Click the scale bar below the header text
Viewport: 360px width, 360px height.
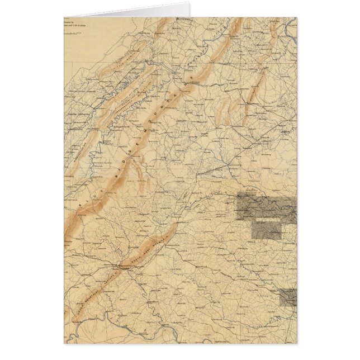[x=70, y=34]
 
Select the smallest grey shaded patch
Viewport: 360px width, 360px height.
[x=288, y=297]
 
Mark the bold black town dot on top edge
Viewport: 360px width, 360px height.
[x=178, y=18]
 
